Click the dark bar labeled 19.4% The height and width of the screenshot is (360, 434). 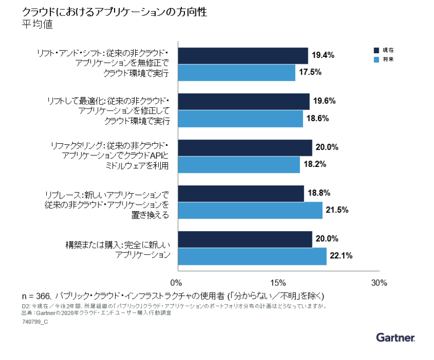tap(243, 56)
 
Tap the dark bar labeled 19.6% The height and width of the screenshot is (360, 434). tap(243, 102)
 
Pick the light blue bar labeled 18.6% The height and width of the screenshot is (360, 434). tap(240, 119)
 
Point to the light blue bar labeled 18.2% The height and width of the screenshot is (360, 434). tap(239, 164)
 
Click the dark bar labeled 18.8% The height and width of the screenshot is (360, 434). tap(241, 194)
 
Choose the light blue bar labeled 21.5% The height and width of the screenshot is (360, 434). tap(250, 210)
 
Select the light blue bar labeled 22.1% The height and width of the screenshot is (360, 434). tap(252, 256)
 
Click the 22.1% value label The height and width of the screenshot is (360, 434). tap(341, 255)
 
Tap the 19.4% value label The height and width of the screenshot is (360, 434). tap(323, 55)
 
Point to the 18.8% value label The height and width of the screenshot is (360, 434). tap(319, 193)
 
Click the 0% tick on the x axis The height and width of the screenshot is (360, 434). tap(176, 282)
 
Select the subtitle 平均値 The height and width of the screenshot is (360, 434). tap(38, 24)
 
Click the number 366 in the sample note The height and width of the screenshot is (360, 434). tap(45, 295)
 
